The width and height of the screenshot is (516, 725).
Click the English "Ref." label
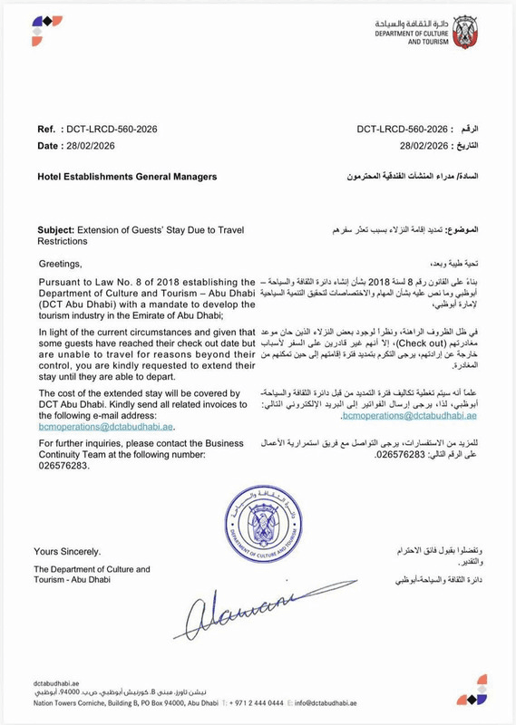[46, 130]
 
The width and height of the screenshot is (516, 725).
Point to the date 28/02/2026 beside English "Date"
[95, 146]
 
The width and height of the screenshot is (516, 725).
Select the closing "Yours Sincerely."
[67, 551]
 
